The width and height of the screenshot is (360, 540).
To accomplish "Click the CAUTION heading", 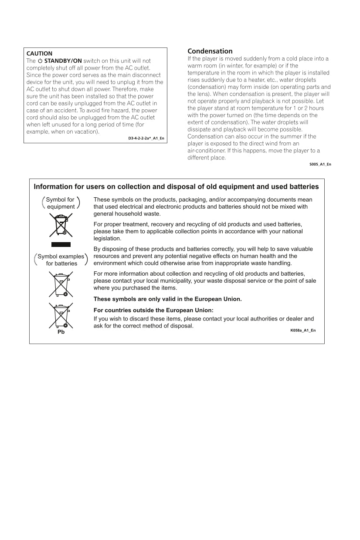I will [x=39, y=54].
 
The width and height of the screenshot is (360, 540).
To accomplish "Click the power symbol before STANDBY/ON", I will [x=40, y=61].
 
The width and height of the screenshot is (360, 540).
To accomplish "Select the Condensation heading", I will [x=210, y=51].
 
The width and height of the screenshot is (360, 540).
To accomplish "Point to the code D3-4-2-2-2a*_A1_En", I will [x=146, y=138].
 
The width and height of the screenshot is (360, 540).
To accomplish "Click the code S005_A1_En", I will [x=320, y=164].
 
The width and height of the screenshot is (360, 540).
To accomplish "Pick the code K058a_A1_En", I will [x=303, y=331].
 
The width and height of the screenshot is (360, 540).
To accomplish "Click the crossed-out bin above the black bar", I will [x=61, y=225].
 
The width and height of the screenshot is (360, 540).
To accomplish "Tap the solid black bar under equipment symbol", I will [x=61, y=244].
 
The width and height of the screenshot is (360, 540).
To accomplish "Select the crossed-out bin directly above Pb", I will [x=61, y=315].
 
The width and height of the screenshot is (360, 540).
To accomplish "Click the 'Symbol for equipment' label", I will [x=61, y=203].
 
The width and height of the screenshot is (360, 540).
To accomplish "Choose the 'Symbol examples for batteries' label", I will [x=61, y=260].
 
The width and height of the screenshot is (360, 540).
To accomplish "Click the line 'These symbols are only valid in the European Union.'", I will [x=167, y=299].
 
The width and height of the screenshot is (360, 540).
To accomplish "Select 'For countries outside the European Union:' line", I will [x=153, y=310].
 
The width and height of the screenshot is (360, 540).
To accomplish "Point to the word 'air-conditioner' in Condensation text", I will [x=206, y=151].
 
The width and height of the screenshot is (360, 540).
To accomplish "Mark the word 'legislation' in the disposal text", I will [x=107, y=239].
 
